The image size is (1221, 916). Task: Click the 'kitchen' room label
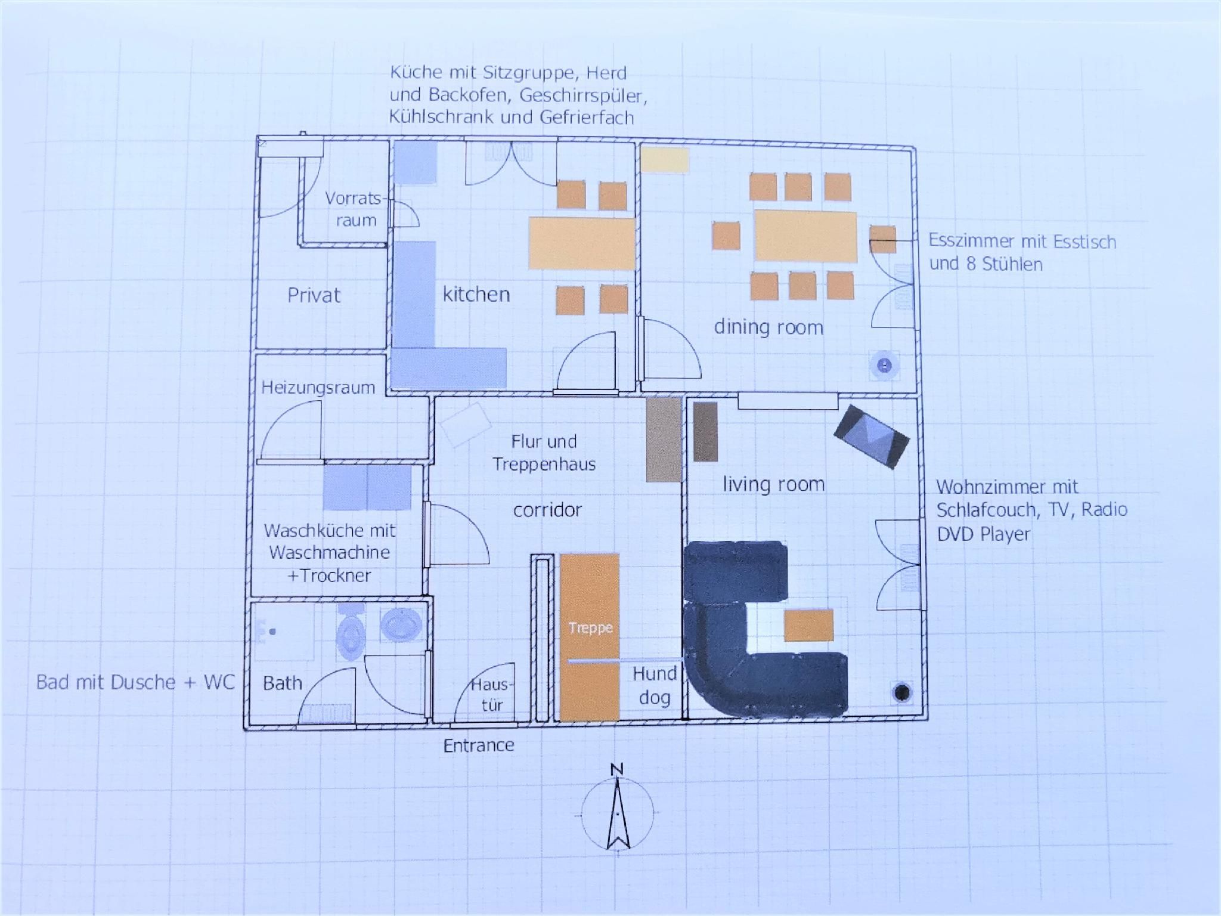pos(476,294)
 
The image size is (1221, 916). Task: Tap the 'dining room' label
pos(768,327)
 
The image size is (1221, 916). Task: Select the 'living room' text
pos(774,484)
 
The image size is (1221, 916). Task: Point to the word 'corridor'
pos(547,510)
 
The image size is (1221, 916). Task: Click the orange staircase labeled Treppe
pos(590,637)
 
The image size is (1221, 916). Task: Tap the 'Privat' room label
pos(314,295)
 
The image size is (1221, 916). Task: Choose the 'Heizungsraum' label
pos(318,388)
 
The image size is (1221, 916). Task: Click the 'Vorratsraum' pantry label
pos(357,209)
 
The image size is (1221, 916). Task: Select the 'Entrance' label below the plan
pos(479,745)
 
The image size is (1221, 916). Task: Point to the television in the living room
pos(872,436)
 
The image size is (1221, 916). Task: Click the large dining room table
pos(806,236)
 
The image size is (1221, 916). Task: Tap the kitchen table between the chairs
pos(581,243)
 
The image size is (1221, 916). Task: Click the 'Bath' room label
pos(283,683)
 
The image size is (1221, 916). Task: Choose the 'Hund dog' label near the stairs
pos(655,686)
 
